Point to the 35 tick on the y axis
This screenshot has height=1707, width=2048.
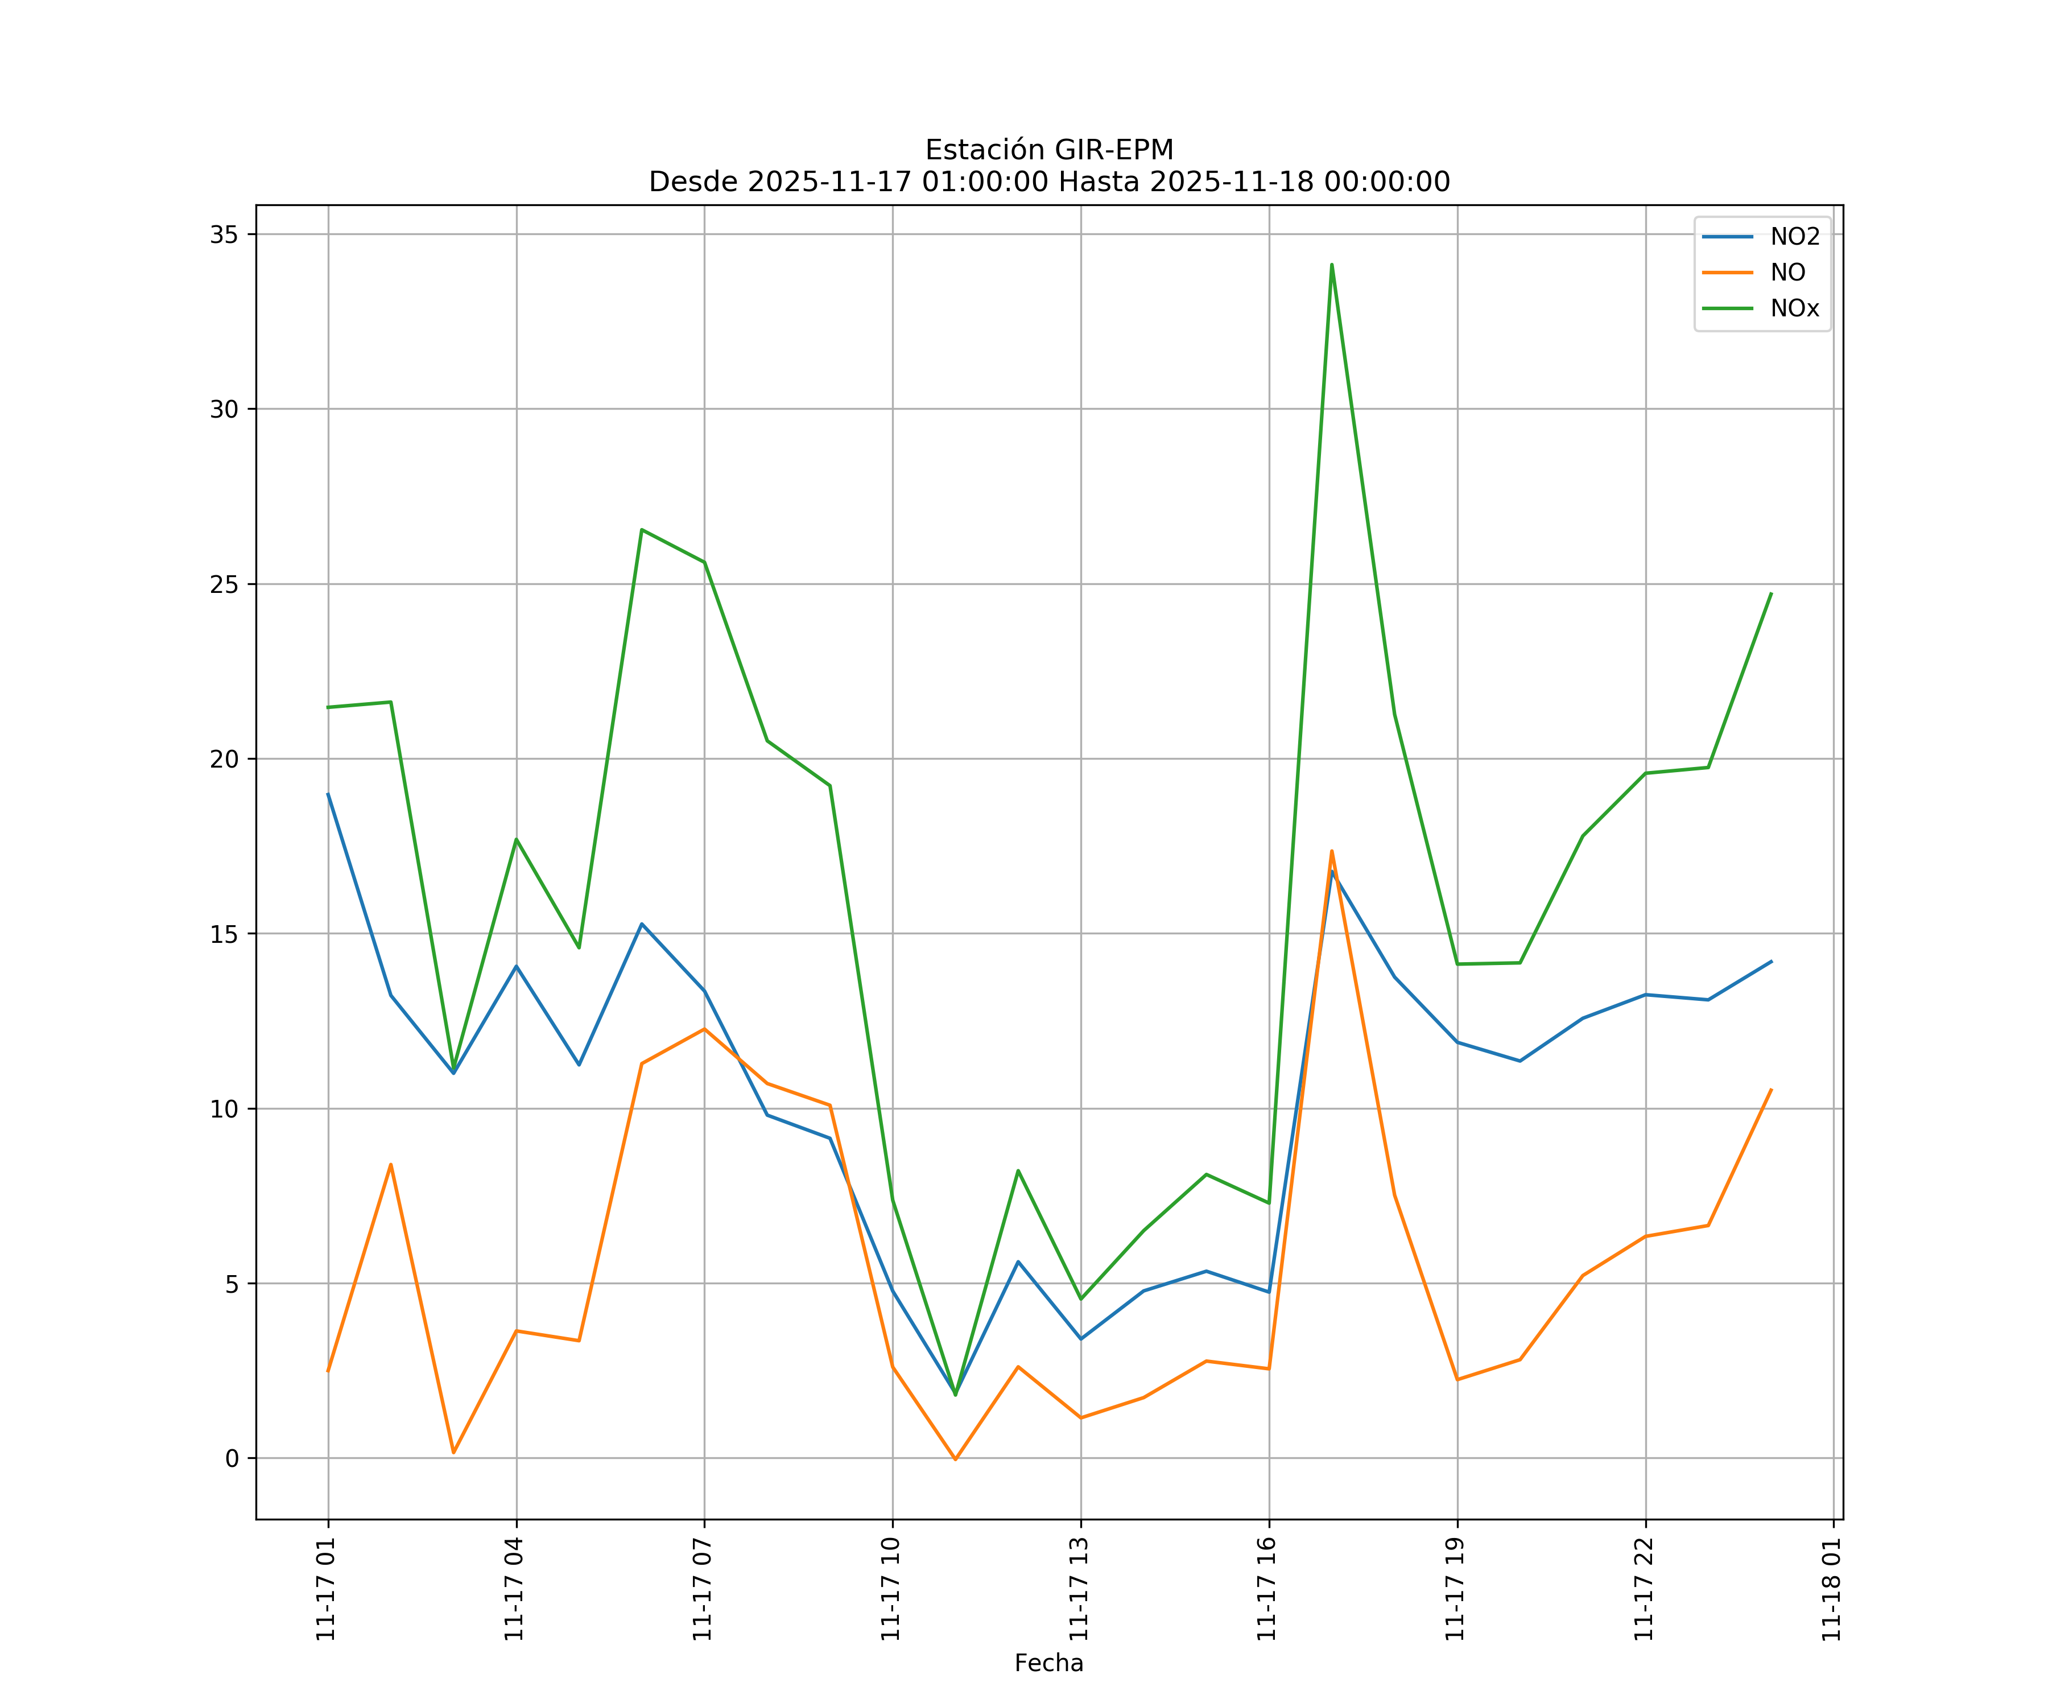click(x=224, y=234)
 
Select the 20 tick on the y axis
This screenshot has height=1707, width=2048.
click(x=224, y=759)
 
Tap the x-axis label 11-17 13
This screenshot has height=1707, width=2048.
click(x=1079, y=1589)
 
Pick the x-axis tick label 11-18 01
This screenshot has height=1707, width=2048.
click(x=1831, y=1589)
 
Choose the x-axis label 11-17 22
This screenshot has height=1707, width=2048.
click(x=1644, y=1589)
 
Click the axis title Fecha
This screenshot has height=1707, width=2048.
click(x=1048, y=1663)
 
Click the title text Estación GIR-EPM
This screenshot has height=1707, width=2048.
click(x=1048, y=150)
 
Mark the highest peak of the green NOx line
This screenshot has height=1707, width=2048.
click(x=1331, y=265)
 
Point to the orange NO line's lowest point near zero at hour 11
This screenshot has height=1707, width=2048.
click(x=955, y=1459)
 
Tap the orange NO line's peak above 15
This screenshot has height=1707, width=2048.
click(x=1331, y=851)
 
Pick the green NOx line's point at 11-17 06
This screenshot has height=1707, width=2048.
click(x=642, y=530)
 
